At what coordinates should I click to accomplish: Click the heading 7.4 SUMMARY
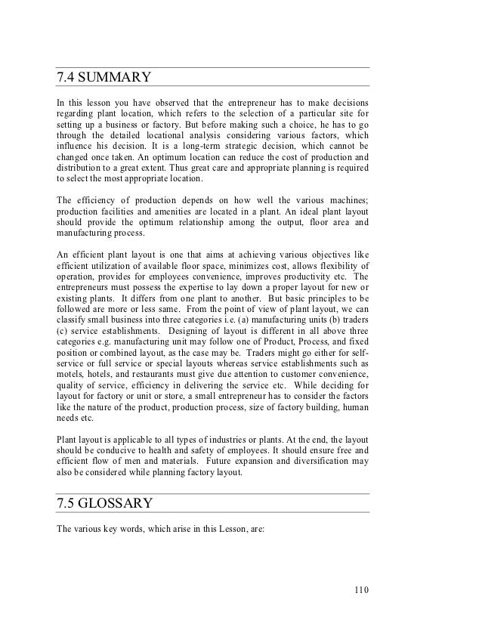[105, 78]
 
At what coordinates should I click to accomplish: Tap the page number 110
[361, 590]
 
